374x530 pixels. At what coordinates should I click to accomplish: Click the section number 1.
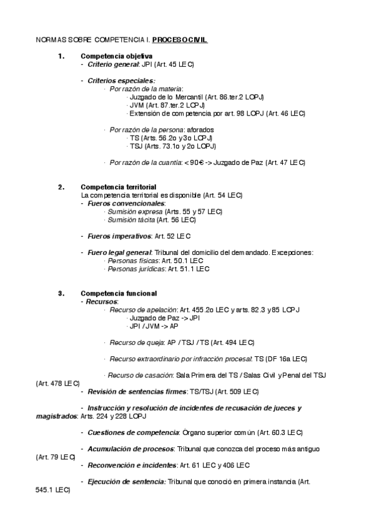click(x=61, y=56)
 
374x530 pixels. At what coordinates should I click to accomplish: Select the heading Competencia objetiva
click(x=116, y=56)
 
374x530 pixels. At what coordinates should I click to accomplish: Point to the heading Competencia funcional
click(x=119, y=293)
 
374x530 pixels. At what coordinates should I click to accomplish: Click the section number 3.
click(x=61, y=293)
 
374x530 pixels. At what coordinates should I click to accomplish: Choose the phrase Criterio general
click(x=112, y=64)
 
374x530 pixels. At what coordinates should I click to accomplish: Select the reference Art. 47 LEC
click(x=286, y=162)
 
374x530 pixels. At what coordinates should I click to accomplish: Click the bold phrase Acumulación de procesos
click(x=130, y=449)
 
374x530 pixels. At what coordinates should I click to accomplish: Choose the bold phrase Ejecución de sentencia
click(x=127, y=481)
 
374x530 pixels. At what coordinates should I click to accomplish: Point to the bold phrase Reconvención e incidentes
click(x=132, y=465)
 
